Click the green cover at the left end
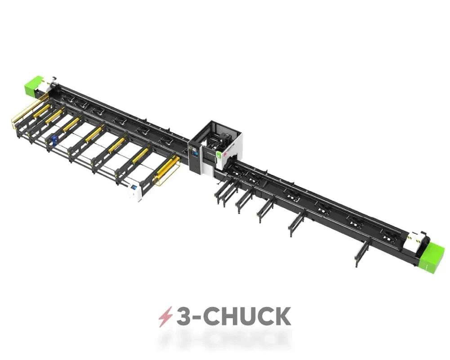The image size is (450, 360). pos(34,84)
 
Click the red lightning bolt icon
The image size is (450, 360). pos(165,317)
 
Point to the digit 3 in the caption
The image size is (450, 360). pos(183,317)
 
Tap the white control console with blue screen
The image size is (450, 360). pos(134,191)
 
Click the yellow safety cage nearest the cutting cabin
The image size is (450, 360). pos(167,170)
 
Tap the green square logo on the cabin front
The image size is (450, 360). pos(218,154)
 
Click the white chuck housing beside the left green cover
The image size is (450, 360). pos(48,84)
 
